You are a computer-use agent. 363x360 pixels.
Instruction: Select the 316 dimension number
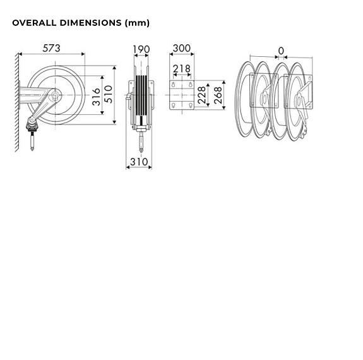96,96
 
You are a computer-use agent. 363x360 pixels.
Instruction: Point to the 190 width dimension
142,49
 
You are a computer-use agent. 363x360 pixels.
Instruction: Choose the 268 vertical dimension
218,95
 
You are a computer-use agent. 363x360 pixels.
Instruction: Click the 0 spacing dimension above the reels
281,50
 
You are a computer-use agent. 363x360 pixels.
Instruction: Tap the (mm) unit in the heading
137,23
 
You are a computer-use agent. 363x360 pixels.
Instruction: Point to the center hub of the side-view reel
55,95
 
